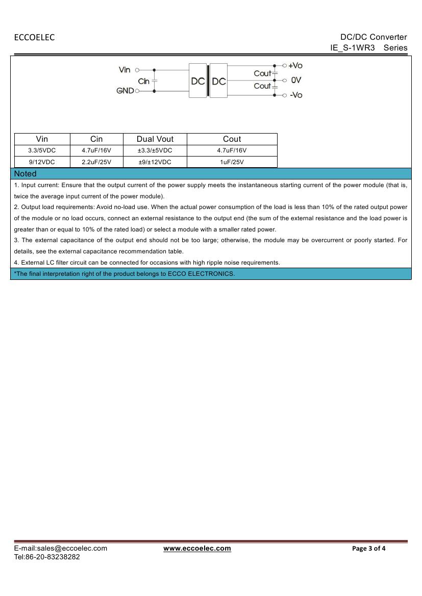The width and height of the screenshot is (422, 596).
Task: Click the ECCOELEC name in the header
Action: pos(34,37)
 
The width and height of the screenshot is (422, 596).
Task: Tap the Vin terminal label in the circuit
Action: pos(125,70)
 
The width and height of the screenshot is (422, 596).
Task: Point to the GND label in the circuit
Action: pos(125,91)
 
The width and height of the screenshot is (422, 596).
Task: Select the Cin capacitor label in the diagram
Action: pos(144,81)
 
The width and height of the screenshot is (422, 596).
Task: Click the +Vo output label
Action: pos(295,65)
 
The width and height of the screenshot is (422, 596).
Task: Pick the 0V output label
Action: pos(296,80)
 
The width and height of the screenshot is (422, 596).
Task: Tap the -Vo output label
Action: pos(296,95)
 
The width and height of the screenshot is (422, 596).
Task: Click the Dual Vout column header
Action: pos(155,139)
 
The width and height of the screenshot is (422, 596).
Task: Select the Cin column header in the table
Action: pos(96,139)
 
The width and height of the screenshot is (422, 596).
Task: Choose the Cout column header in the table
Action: pos(232,139)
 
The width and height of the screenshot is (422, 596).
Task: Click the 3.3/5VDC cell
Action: pos(42,150)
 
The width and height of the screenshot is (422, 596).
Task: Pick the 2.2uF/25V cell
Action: pos(96,162)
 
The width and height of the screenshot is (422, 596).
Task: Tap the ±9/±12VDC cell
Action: pos(155,162)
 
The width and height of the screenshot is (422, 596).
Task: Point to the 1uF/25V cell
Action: pos(232,162)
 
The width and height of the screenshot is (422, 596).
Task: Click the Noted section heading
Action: pos(26,173)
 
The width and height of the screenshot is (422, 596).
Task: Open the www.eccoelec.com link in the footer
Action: pos(197,549)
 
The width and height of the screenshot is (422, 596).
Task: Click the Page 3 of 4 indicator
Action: pos(369,549)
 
